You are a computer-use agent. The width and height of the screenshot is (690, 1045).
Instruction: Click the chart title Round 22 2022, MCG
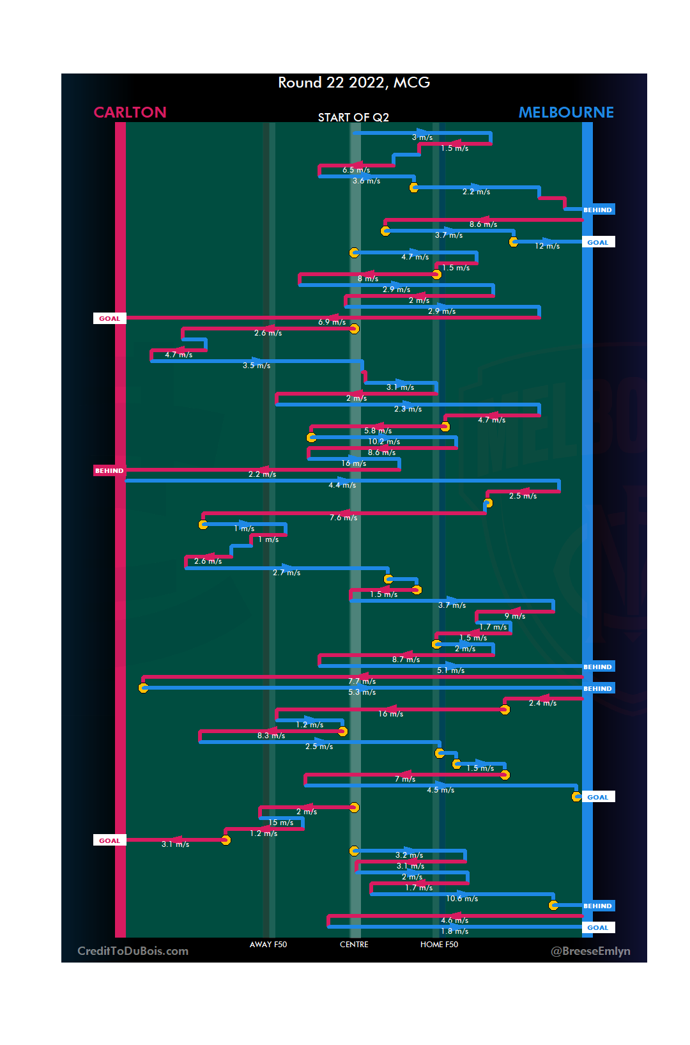(x=354, y=83)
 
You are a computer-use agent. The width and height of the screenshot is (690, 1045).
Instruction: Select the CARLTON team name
(x=130, y=112)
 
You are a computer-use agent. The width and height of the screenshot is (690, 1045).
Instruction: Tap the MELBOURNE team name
(x=565, y=112)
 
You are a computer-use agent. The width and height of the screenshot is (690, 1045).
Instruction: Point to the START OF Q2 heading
(x=353, y=118)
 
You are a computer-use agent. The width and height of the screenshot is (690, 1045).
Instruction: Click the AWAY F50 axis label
(x=268, y=945)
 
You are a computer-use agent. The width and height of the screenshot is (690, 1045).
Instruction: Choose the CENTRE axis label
(x=354, y=945)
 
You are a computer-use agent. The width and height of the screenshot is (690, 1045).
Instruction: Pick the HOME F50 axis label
(x=439, y=945)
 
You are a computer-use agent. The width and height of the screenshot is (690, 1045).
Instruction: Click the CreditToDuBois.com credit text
(x=133, y=951)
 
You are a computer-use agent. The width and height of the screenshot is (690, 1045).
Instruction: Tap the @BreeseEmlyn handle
(x=590, y=951)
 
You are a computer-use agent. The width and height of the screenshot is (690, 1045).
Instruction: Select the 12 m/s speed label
(x=547, y=246)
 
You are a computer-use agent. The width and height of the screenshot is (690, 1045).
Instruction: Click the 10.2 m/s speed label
(x=384, y=442)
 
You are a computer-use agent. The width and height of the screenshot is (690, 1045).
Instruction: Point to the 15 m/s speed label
(x=281, y=823)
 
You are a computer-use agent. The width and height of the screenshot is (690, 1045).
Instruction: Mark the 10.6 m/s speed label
(x=462, y=899)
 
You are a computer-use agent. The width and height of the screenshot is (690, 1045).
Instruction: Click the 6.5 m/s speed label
(x=356, y=170)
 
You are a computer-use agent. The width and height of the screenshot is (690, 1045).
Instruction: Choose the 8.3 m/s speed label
(x=271, y=736)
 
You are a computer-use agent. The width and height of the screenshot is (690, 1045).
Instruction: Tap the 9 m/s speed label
(x=515, y=616)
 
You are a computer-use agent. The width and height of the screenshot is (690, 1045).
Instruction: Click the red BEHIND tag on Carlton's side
(x=109, y=471)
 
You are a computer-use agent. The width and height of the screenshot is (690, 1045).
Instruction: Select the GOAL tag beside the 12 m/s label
(x=597, y=242)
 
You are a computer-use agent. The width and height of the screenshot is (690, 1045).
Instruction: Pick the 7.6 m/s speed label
(x=343, y=518)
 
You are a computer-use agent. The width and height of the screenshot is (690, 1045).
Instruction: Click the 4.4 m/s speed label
(x=342, y=485)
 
